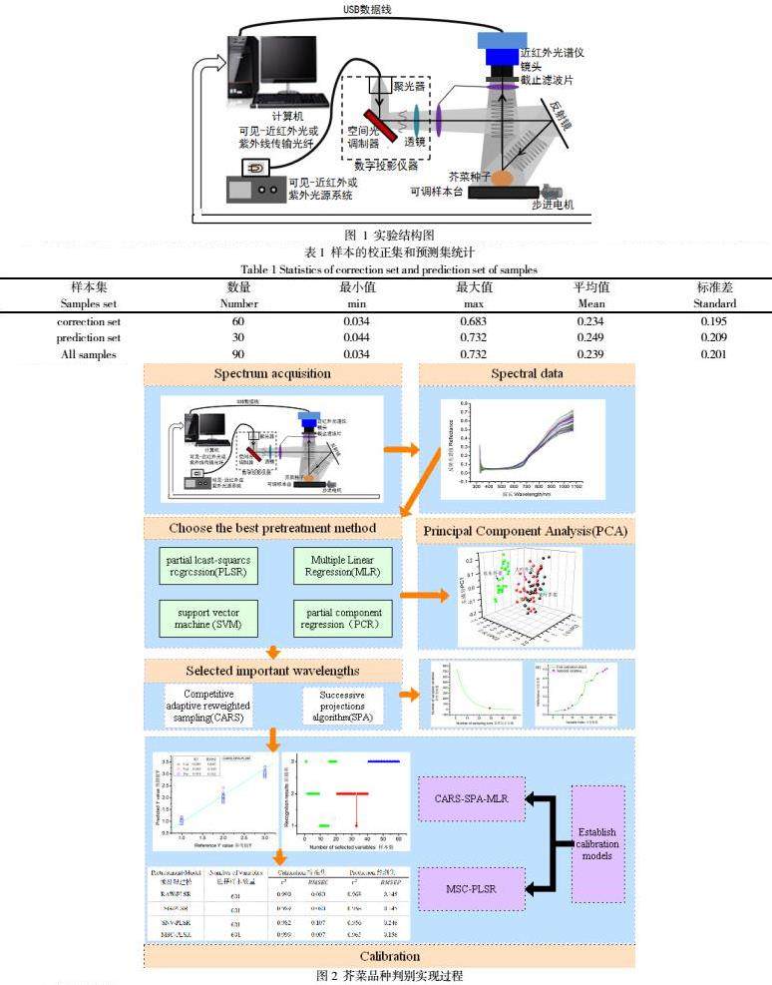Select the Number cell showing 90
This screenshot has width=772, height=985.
pyautogui.click(x=238, y=354)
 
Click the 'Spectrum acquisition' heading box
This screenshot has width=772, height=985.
pyautogui.click(x=273, y=374)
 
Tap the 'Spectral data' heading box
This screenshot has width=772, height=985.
pyautogui.click(x=527, y=374)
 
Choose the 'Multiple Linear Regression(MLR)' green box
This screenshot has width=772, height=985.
pyautogui.click(x=343, y=568)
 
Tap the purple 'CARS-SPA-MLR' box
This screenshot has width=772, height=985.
pyautogui.click(x=473, y=799)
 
